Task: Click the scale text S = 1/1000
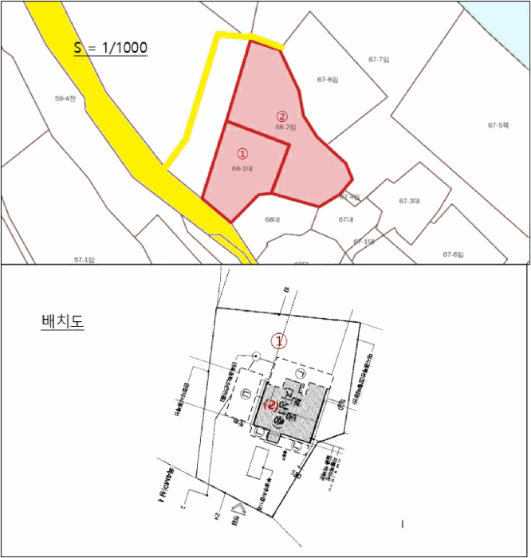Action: click(111, 48)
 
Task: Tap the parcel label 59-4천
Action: click(65, 98)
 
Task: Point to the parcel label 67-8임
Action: click(328, 79)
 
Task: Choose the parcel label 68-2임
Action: click(285, 127)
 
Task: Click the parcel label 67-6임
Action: click(453, 253)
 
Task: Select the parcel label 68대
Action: click(273, 218)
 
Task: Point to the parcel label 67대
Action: click(345, 218)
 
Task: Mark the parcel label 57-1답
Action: click(85, 260)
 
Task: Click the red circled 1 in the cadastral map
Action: click(243, 152)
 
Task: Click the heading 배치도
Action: click(61, 322)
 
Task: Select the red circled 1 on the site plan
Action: click(279, 340)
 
